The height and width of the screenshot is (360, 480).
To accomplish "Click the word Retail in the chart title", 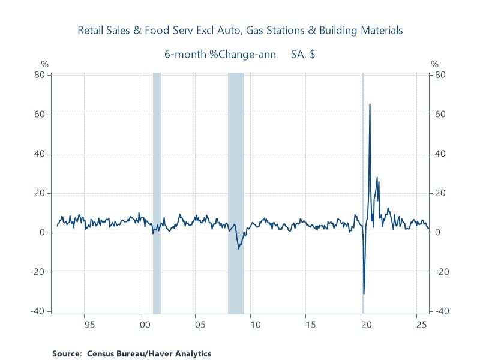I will tap(91, 29).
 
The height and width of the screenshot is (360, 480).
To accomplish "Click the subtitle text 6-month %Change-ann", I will tap(220, 54).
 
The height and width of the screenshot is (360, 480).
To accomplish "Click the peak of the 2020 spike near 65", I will tap(370, 104).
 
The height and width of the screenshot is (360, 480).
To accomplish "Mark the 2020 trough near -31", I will tap(364, 293).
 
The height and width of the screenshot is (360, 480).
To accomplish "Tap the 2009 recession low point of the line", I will tap(239, 248).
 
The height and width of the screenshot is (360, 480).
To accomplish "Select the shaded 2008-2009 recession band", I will tap(236, 180).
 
